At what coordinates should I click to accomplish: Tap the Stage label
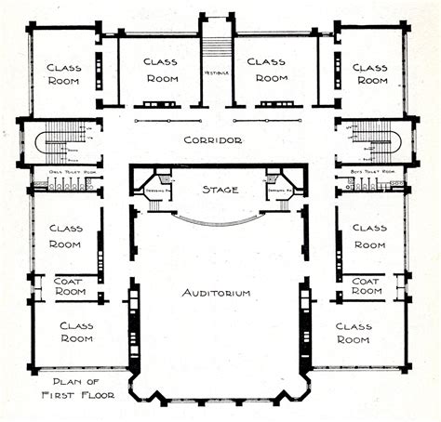tap(220, 190)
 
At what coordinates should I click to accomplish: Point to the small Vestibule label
tap(216, 73)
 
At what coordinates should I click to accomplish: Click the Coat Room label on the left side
tap(70, 284)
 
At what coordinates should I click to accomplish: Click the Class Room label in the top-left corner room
tap(65, 73)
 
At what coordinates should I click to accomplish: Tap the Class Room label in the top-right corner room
tap(370, 73)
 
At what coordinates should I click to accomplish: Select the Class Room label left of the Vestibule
tap(160, 70)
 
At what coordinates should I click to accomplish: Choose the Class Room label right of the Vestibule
tap(271, 70)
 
